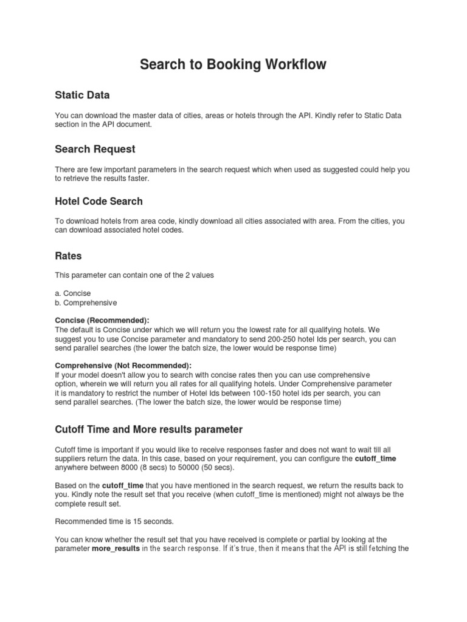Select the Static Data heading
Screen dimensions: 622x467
(x=82, y=95)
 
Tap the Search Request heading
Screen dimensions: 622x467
(x=95, y=149)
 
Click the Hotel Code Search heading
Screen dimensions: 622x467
(x=99, y=201)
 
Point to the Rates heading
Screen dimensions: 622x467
(x=68, y=256)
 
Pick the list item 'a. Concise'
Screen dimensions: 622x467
(x=73, y=293)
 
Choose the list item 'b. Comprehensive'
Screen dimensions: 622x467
(x=86, y=302)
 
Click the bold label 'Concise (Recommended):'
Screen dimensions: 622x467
(x=102, y=320)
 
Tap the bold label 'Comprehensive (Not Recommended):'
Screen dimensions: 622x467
(x=123, y=366)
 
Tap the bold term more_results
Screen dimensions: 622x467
(x=116, y=549)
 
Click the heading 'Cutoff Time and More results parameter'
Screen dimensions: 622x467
(x=148, y=429)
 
